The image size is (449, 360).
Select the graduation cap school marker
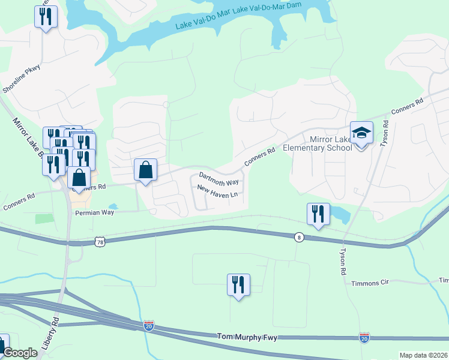click(362, 134)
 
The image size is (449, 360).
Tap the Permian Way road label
click(94, 212)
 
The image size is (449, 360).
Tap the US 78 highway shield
click(100, 241)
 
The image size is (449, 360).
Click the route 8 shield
click(299, 237)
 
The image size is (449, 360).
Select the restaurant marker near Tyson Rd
click(318, 214)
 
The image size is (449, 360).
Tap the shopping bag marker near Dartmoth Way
click(146, 170)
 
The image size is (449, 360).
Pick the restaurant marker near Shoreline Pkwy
click(46, 17)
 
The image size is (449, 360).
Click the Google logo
click(20, 353)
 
